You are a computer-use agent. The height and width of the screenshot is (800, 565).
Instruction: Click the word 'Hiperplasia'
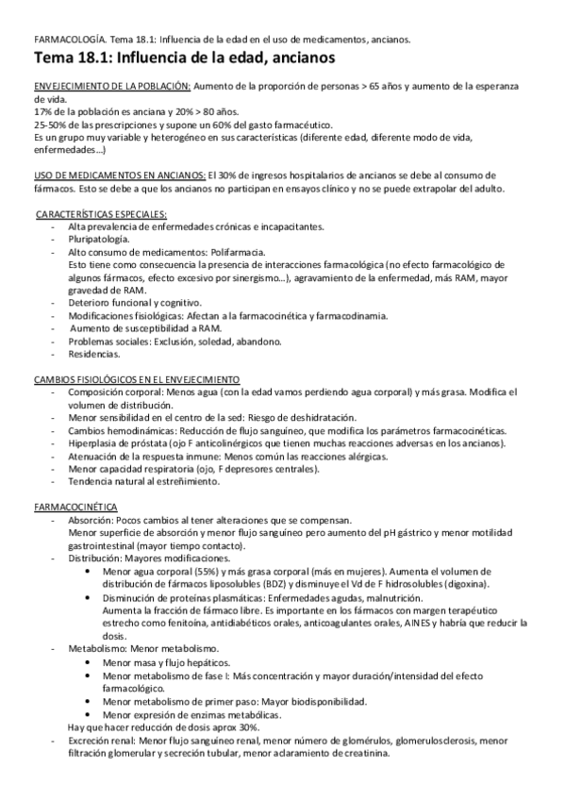coord(97,442)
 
